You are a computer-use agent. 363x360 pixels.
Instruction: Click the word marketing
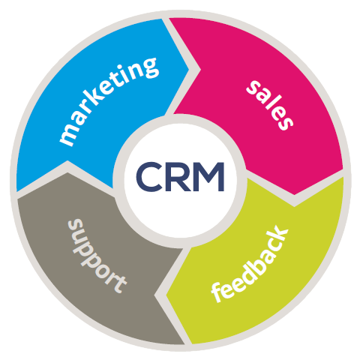[109, 101]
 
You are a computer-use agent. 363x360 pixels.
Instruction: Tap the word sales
[270, 105]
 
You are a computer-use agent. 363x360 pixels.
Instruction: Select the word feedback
[250, 264]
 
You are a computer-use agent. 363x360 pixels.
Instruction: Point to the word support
[97, 256]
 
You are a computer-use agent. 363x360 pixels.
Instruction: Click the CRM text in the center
[180, 176]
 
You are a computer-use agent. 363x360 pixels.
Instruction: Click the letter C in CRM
[148, 176]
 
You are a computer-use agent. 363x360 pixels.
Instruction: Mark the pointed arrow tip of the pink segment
[295, 194]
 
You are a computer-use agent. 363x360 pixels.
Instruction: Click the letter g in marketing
[148, 67]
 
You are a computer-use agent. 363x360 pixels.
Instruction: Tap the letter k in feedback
[279, 235]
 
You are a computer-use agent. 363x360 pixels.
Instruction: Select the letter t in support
[118, 285]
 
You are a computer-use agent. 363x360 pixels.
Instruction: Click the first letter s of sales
[253, 88]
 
